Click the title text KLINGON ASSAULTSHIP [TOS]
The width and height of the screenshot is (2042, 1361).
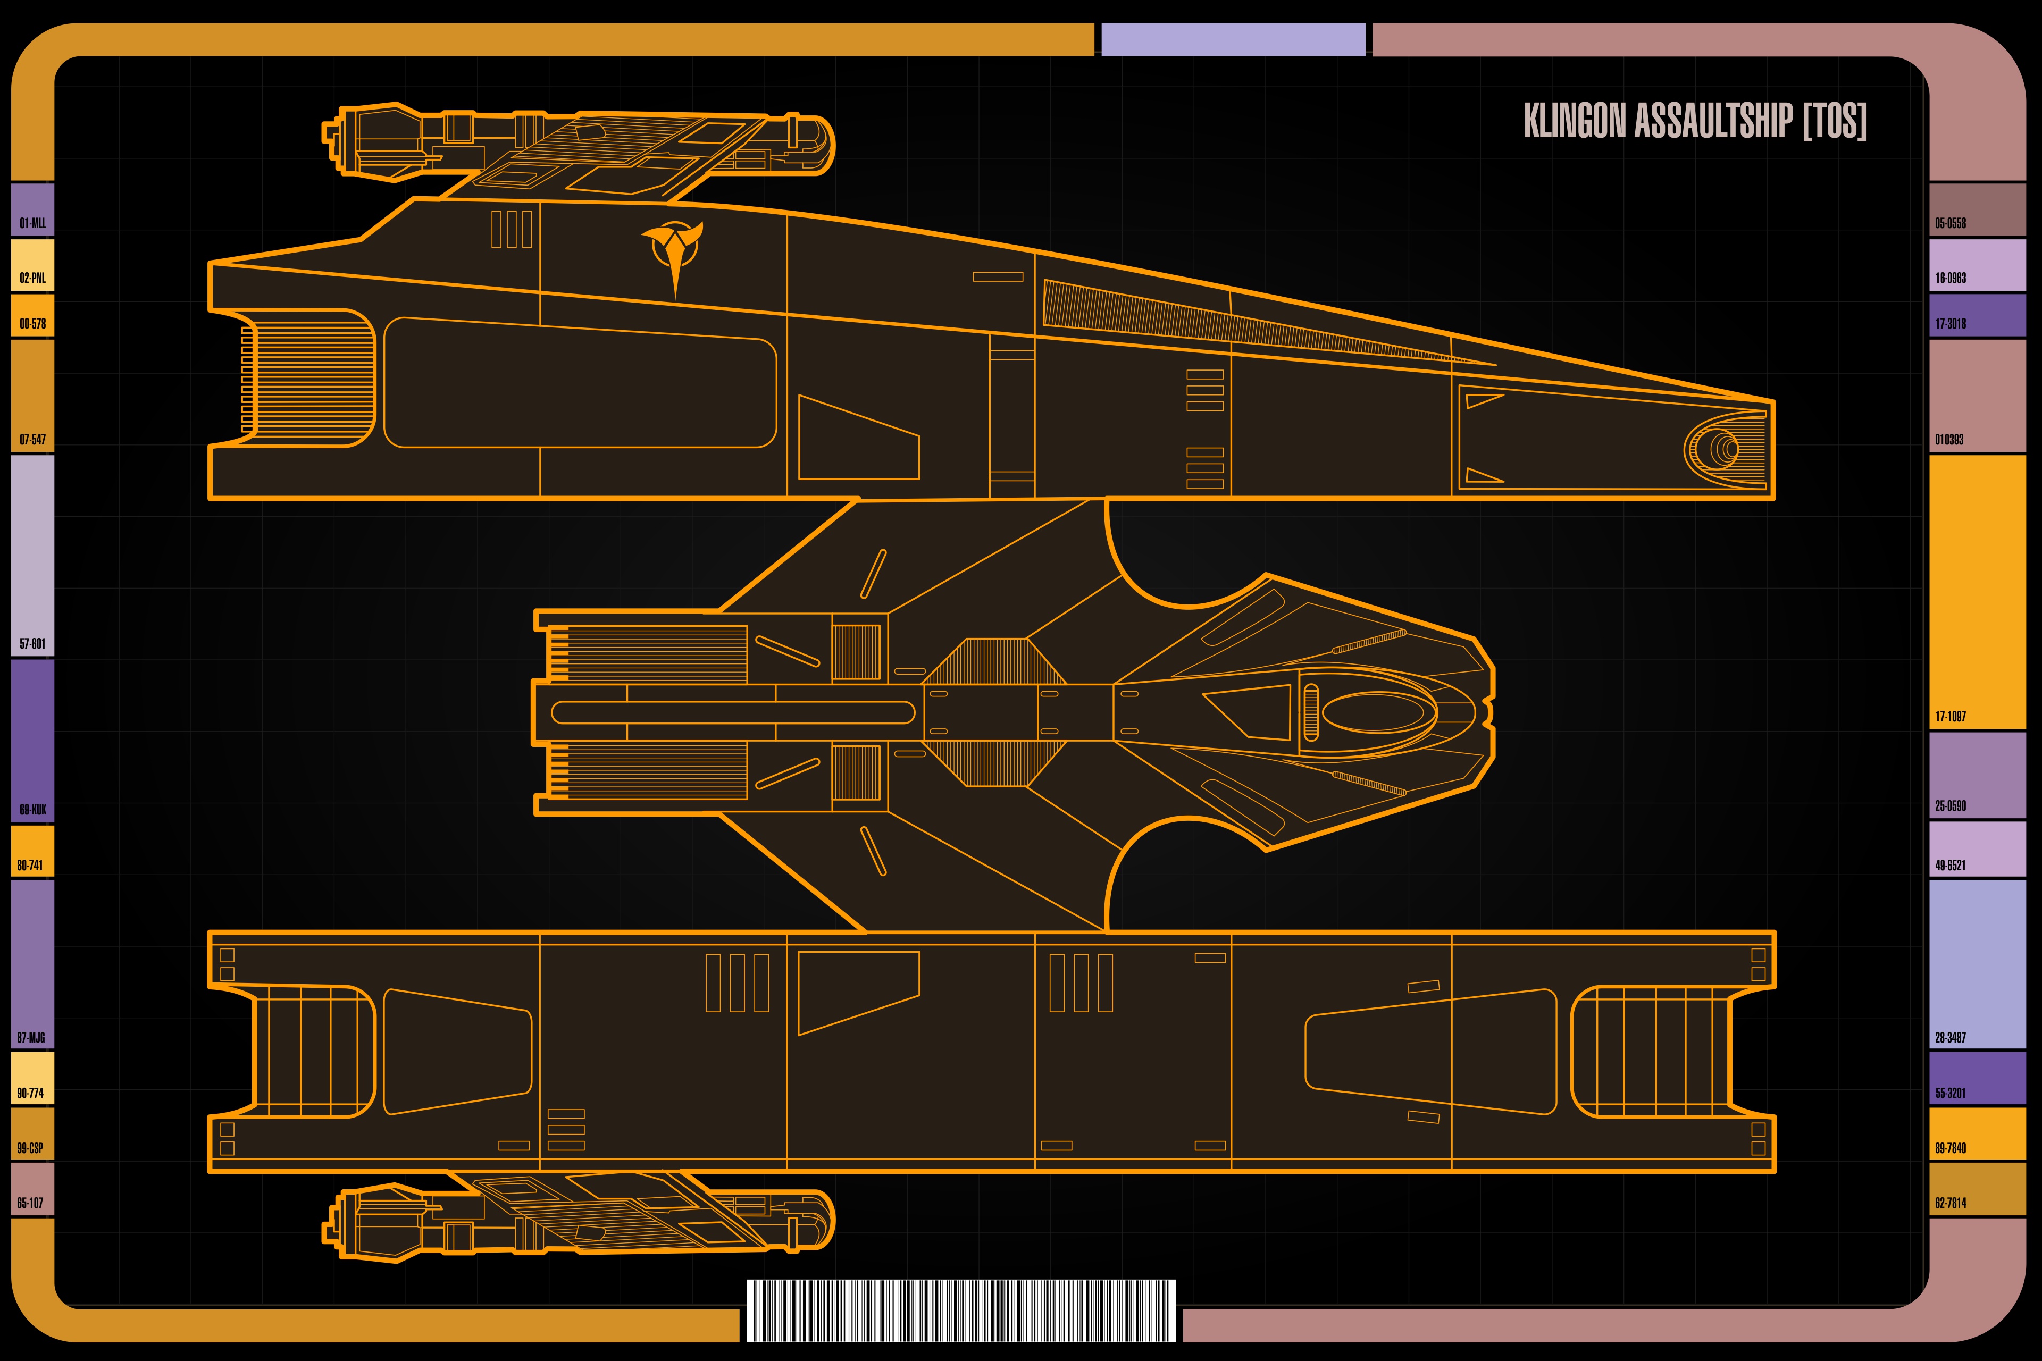click(1695, 121)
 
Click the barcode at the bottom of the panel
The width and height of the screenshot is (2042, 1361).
click(961, 1310)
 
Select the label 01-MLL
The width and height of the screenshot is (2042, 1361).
click(33, 223)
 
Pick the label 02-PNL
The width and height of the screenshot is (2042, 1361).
click(33, 278)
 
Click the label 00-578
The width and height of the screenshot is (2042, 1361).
click(33, 324)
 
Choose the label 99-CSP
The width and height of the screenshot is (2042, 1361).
click(30, 1148)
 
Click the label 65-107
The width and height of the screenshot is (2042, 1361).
click(30, 1203)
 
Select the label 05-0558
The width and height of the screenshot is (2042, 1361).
click(1950, 223)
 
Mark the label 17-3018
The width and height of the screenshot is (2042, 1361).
click(1950, 324)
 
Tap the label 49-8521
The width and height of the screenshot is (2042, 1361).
click(1950, 866)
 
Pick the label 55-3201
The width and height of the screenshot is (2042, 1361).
click(1950, 1093)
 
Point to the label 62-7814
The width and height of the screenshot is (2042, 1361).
click(1950, 1203)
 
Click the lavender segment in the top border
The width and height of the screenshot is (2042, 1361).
click(1233, 40)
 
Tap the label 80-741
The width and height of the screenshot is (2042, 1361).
click(30, 866)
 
